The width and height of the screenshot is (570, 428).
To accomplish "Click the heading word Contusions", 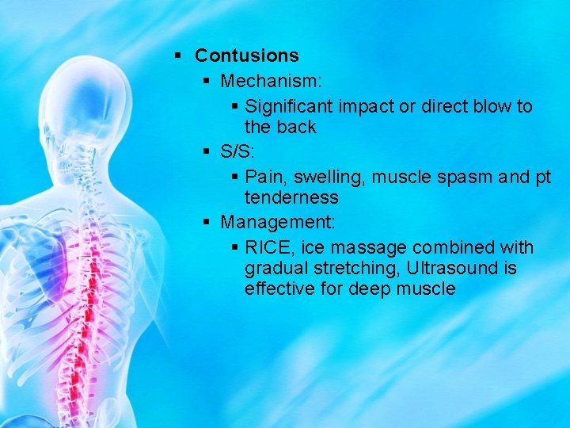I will (x=246, y=55).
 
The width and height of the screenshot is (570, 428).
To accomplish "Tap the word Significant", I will (x=290, y=106).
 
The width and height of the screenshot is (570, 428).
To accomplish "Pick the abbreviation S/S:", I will (x=237, y=151).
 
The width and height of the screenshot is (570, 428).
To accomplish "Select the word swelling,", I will (x=326, y=177).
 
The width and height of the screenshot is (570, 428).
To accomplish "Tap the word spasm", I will (x=460, y=177).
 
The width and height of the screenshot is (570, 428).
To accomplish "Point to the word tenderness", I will (x=291, y=197).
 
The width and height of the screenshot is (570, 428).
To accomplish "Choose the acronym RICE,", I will (x=269, y=247).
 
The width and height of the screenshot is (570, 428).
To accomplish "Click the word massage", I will (x=363, y=247).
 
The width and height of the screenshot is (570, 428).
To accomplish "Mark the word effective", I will (x=279, y=289).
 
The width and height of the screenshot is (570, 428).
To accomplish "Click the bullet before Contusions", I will (x=179, y=55).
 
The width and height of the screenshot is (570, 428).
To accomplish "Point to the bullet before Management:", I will (x=205, y=222).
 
